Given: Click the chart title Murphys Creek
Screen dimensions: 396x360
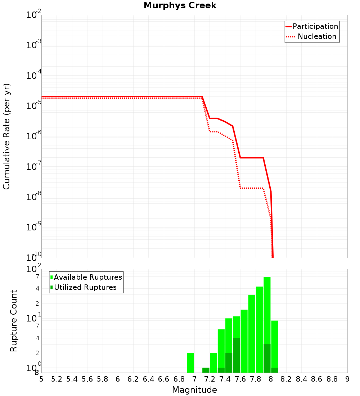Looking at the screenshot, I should [180, 6].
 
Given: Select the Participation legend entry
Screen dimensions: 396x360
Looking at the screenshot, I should [312, 27].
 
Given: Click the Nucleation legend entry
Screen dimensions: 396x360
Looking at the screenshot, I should [312, 37].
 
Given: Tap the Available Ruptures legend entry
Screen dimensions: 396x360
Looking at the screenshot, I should [86, 277].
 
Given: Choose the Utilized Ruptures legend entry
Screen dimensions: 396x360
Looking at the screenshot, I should [83, 287].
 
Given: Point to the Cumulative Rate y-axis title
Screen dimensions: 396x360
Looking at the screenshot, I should [6, 136].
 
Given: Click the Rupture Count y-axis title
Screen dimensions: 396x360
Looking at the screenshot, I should [14, 321].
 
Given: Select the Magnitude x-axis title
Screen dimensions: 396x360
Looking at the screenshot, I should [194, 390].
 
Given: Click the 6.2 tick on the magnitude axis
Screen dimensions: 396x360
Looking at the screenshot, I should [133, 379].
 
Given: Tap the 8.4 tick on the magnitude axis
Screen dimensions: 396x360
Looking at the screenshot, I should [301, 379].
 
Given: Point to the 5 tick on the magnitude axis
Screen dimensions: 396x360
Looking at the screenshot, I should [41, 379].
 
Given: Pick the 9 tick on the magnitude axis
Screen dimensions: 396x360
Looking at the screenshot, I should [347, 379].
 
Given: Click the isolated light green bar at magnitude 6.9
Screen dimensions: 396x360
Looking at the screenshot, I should [191, 363].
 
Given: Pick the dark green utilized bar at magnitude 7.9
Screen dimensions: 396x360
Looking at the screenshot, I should [267, 359].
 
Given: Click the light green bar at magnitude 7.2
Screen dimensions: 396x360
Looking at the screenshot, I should [213, 363].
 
